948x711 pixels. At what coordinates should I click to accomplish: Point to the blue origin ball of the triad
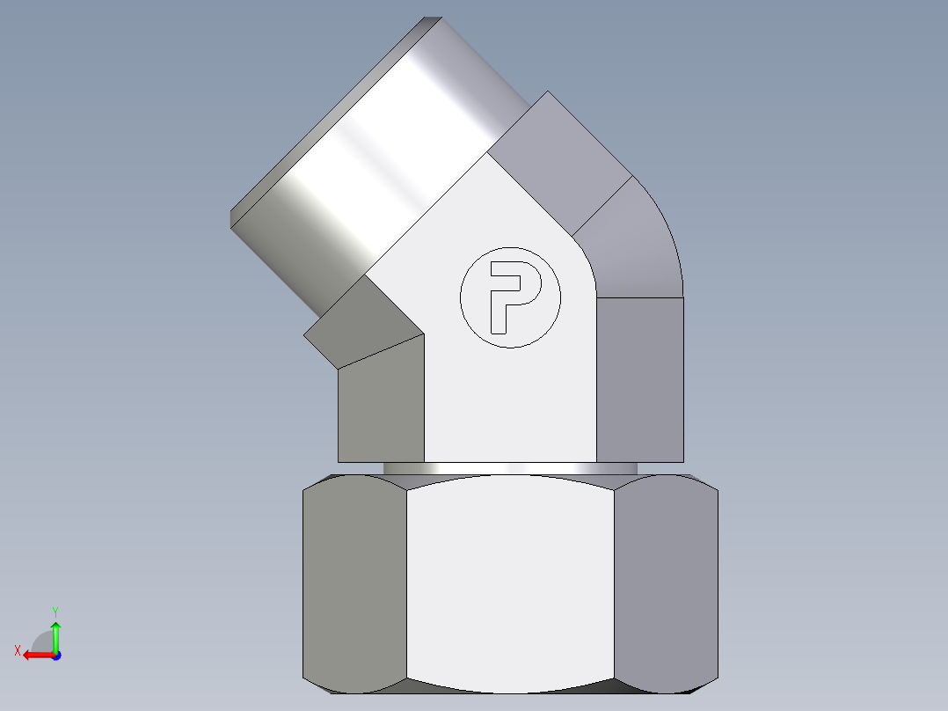click(55, 655)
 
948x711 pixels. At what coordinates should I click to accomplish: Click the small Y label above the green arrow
click(55, 611)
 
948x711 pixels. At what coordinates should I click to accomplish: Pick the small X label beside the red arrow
click(17, 651)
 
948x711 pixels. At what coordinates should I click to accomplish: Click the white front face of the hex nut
click(510, 581)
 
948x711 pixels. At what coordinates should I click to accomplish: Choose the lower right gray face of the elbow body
click(639, 378)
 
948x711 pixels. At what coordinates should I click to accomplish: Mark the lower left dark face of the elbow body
click(381, 405)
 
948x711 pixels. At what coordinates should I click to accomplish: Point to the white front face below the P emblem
click(510, 405)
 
